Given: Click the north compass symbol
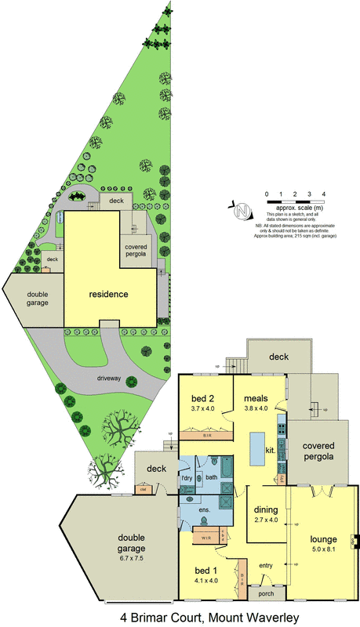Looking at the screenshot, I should point(242,210).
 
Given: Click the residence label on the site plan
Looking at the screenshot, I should point(109,295).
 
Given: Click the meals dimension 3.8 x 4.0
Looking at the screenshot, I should point(257,408).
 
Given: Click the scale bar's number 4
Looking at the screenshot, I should point(323,192).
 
